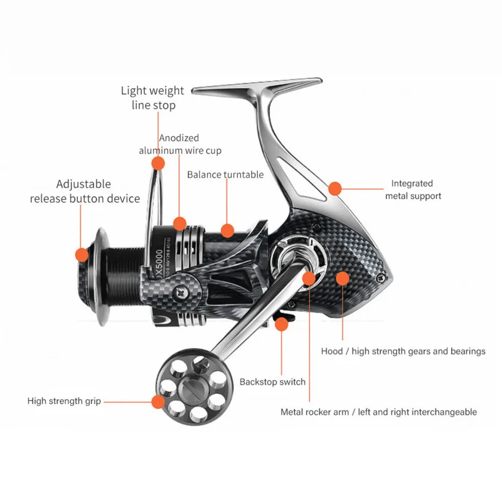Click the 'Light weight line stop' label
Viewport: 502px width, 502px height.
click(x=152, y=98)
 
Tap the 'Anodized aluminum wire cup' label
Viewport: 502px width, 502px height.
click(x=179, y=144)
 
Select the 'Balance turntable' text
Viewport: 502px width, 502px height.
click(x=225, y=174)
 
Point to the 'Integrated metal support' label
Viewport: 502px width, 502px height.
click(x=412, y=190)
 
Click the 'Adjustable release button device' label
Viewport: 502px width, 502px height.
click(x=85, y=191)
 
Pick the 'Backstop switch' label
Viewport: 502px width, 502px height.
click(x=272, y=382)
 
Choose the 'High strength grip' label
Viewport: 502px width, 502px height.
click(x=64, y=401)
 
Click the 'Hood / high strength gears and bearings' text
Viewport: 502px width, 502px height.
click(x=403, y=351)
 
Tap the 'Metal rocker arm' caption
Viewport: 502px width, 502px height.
click(x=378, y=412)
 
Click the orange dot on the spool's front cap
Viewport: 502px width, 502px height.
click(x=82, y=254)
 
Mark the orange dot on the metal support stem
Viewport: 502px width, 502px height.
click(x=335, y=188)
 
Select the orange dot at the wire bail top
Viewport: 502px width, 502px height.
click(x=158, y=164)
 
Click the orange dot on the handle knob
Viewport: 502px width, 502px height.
click(x=156, y=401)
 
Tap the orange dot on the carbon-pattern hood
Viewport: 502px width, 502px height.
click(x=343, y=278)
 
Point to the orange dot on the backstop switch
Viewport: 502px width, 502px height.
click(x=282, y=324)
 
